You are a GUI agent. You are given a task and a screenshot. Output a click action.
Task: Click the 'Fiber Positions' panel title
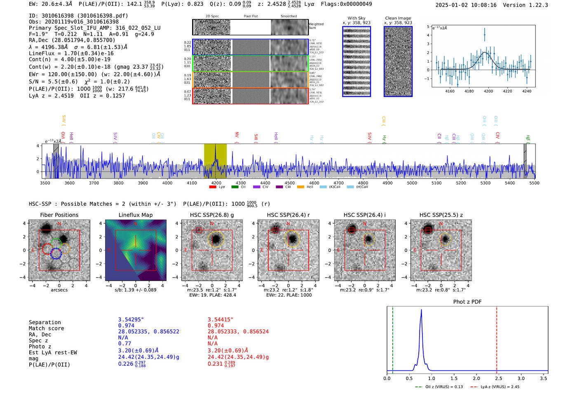tap(59, 215)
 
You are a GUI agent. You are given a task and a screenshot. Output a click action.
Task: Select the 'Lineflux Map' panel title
tap(136, 215)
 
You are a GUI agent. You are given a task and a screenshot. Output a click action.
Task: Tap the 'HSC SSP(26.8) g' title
tap(212, 215)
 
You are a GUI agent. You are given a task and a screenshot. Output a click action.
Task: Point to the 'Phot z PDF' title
tap(467, 302)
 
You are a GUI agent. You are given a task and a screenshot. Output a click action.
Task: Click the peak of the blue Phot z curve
tap(421, 310)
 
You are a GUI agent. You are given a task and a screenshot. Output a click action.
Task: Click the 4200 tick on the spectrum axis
tap(216, 183)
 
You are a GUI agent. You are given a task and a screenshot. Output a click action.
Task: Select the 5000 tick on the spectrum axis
tap(412, 183)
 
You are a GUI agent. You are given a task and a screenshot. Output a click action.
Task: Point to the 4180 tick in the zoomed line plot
tap(469, 91)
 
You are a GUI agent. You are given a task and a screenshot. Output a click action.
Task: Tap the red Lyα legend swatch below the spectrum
tap(213, 187)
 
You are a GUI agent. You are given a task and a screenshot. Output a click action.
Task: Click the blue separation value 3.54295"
tap(131, 320)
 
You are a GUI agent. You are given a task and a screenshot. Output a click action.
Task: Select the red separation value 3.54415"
tap(220, 320)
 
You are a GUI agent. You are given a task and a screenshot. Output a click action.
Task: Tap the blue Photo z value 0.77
tap(124, 344)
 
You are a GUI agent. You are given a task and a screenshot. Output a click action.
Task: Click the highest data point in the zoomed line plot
tap(484, 35)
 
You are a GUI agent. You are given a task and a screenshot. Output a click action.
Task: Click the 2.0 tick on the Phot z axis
tap(476, 378)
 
